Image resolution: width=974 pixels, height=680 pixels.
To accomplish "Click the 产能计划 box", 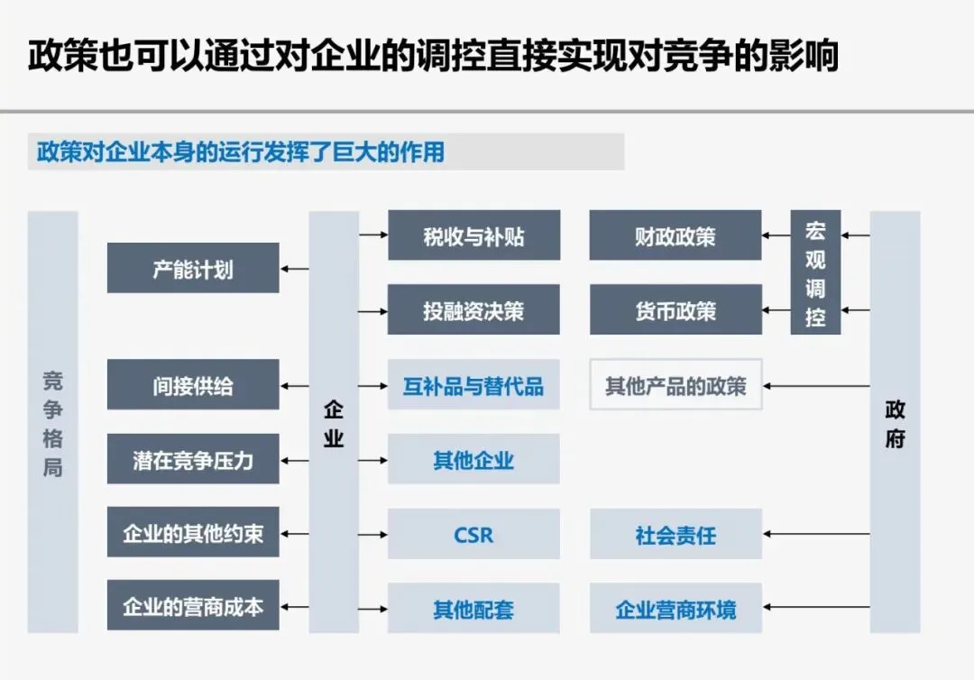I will [193, 268].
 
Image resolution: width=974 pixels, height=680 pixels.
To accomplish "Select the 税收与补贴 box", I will [473, 236].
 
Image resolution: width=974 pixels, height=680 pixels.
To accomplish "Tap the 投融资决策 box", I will [473, 310].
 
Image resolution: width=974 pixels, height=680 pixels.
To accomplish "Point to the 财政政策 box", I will [675, 236].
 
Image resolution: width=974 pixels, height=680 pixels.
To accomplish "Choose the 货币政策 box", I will [675, 310].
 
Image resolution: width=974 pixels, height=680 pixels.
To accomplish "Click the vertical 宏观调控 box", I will [815, 273].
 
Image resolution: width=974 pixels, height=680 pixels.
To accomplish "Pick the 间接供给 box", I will [193, 385].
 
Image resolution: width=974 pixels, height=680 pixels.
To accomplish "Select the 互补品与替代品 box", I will [473, 385].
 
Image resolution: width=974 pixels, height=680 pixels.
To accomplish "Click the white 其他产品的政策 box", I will [675, 385].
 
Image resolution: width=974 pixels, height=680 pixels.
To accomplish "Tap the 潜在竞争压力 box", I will [193, 459].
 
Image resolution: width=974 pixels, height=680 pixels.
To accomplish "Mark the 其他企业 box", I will [473, 459].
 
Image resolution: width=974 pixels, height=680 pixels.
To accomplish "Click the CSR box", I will [473, 534].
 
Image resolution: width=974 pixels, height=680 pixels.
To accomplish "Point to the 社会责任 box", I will [675, 534].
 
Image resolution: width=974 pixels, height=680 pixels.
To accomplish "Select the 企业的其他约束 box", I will [193, 534].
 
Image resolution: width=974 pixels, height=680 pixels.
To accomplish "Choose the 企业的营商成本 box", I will [193, 607].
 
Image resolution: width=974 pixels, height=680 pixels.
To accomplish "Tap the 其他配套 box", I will [473, 608].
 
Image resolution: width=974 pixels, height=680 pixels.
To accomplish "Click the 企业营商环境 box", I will [675, 608].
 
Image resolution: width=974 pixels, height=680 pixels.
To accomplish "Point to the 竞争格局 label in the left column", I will [52, 422].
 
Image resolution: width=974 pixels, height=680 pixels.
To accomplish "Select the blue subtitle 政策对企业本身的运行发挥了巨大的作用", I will [241, 152].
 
